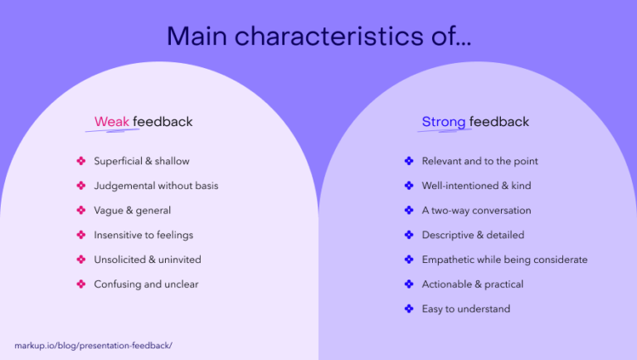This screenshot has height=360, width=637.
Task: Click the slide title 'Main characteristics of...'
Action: (318, 36)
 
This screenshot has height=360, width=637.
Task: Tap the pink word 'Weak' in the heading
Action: (111, 122)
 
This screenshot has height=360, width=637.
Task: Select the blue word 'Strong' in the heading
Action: (443, 122)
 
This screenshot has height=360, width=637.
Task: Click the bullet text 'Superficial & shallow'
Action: (141, 161)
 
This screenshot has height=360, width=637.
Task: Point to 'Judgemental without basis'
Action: (156, 186)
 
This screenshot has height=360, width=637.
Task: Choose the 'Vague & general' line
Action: (132, 210)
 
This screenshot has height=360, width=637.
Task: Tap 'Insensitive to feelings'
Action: (143, 235)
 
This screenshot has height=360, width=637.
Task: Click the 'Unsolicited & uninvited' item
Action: (147, 260)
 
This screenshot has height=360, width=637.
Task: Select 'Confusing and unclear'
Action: (146, 284)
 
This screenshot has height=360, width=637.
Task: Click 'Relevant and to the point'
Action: (479, 161)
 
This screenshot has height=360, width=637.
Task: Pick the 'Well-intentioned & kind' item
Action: (476, 186)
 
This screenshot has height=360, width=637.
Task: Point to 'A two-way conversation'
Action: (476, 210)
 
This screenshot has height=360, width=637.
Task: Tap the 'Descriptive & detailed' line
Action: (473, 235)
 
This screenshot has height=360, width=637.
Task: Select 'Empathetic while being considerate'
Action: (504, 260)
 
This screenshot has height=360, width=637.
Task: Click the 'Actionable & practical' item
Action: (472, 284)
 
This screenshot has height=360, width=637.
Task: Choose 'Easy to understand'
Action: (465, 309)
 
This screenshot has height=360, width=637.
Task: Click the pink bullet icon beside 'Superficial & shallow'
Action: (80, 161)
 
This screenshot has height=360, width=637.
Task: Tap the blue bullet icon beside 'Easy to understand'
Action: (408, 309)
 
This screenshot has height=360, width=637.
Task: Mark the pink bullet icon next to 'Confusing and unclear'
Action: (80, 284)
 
